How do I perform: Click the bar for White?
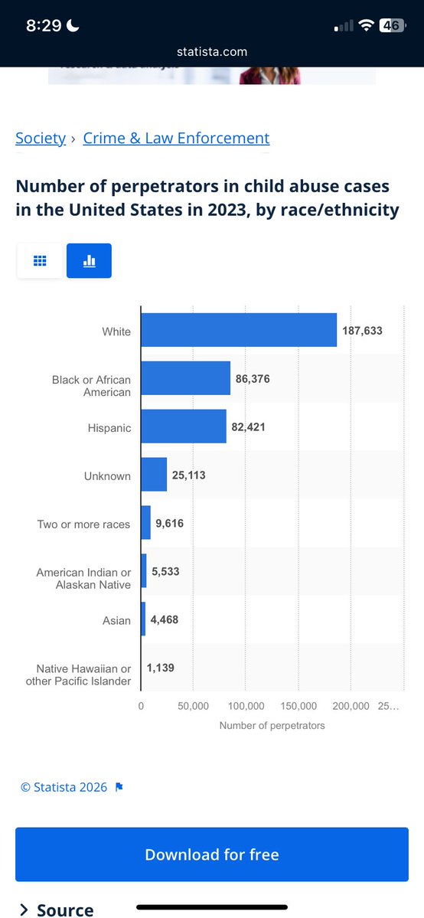(x=238, y=330)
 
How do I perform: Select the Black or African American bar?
(x=185, y=378)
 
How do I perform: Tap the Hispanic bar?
(x=183, y=426)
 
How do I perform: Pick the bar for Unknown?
(x=153, y=475)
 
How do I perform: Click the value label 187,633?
(x=362, y=331)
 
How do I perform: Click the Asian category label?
(x=116, y=620)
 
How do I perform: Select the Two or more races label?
(x=83, y=524)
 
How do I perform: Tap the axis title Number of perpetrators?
(x=272, y=725)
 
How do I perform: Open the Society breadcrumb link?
(x=41, y=138)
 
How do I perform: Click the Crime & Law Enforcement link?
(x=176, y=138)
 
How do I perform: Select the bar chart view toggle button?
(x=89, y=260)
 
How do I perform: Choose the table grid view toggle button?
(x=40, y=260)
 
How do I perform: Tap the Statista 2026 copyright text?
(x=64, y=787)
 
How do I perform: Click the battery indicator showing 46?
(x=392, y=25)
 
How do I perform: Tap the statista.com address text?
(x=212, y=52)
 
